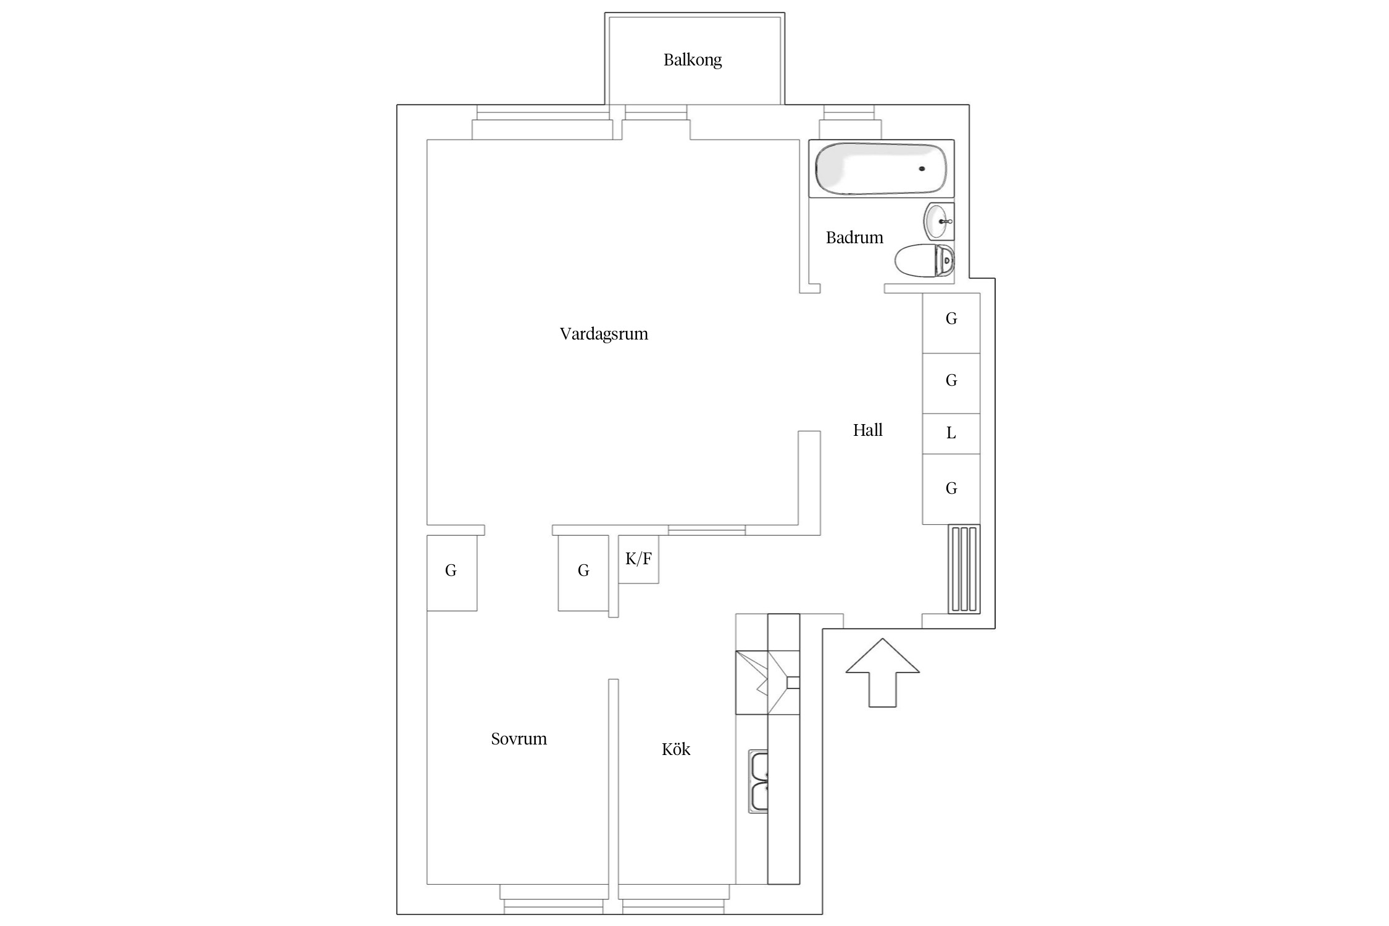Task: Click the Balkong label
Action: click(692, 60)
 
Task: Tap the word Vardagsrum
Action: click(604, 334)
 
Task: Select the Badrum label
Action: click(854, 238)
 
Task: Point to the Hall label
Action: click(867, 430)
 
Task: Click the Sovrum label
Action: click(519, 739)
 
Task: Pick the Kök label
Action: click(676, 749)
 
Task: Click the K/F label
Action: click(638, 559)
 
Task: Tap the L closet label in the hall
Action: click(951, 433)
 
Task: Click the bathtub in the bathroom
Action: click(882, 169)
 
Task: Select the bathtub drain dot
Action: click(922, 169)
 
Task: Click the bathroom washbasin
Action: click(939, 221)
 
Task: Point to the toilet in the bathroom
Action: click(924, 261)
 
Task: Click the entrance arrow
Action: click(883, 672)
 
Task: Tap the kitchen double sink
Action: click(759, 781)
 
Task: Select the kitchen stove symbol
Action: click(768, 683)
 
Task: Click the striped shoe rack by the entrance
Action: click(964, 569)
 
